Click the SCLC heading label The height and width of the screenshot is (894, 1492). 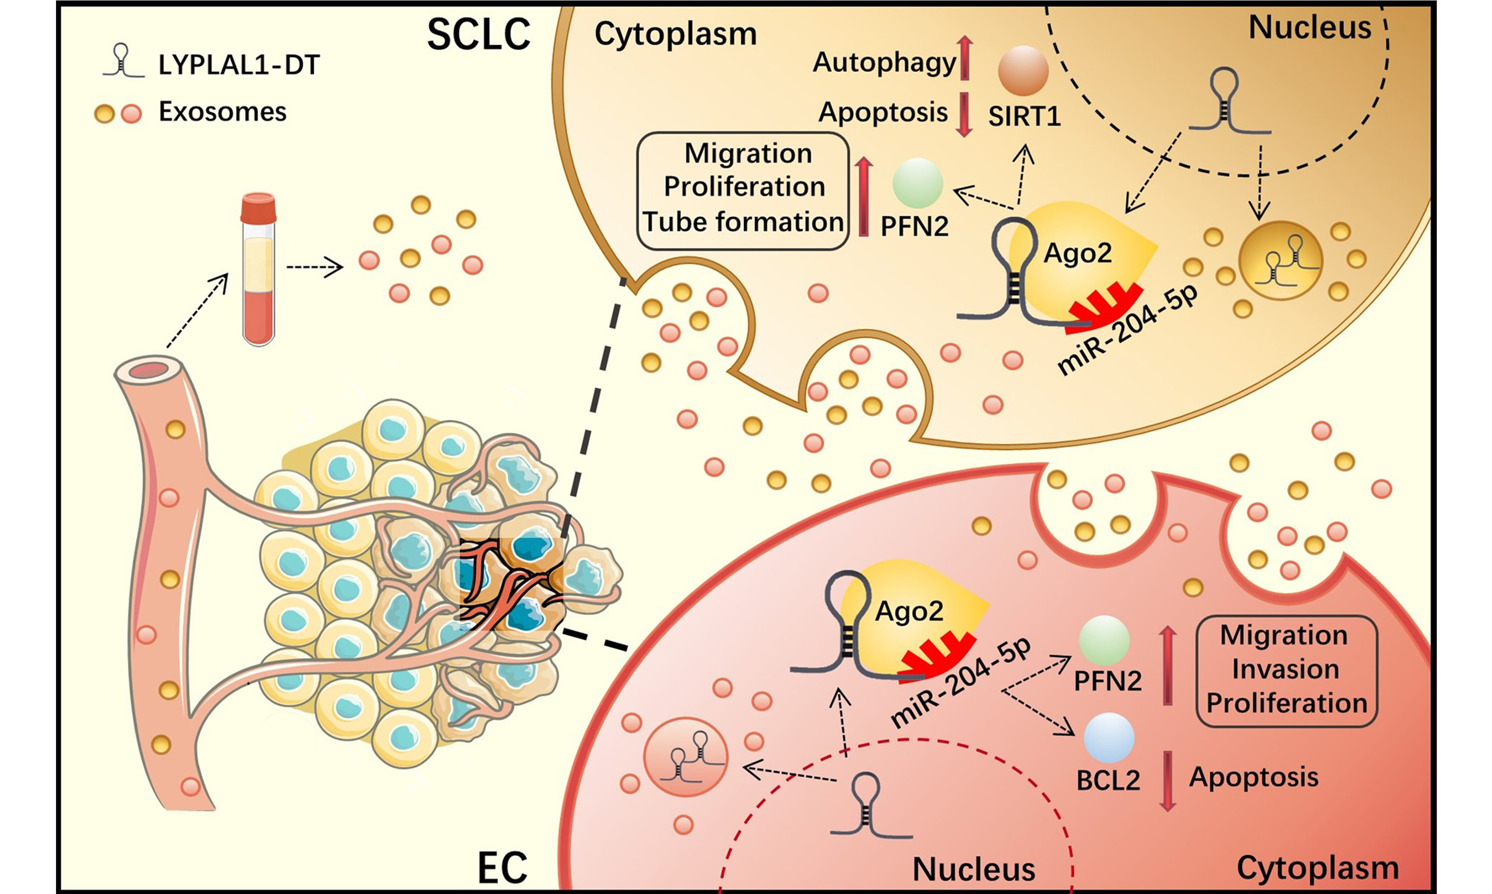coord(478,35)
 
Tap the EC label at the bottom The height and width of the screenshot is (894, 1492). coord(502,868)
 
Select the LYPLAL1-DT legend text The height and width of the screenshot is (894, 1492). coord(238,64)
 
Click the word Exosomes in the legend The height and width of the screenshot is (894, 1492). coord(222,112)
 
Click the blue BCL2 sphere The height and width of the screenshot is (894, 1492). coord(1108,738)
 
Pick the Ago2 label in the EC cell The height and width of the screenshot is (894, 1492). coord(909,611)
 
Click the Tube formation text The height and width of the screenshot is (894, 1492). coord(743,221)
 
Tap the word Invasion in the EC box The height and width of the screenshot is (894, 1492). coord(1285,669)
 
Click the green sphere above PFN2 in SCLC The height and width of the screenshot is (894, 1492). coord(917,183)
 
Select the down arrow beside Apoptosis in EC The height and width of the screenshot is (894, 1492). coord(1167,781)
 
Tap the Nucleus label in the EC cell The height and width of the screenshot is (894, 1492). coord(973,869)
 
